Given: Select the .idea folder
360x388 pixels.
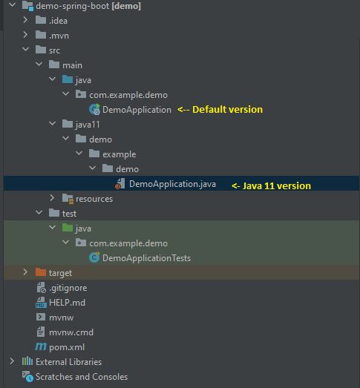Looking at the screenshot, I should (58, 20).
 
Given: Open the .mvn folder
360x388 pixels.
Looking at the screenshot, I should (59, 35).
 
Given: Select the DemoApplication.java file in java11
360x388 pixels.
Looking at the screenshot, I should (172, 184).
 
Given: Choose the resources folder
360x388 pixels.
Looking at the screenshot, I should (94, 199).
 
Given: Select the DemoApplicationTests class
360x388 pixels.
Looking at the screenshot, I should (146, 258).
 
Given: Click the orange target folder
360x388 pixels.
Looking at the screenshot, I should (61, 273).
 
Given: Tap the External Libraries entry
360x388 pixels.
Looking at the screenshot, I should (68, 362).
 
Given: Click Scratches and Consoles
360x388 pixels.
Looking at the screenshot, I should (81, 377).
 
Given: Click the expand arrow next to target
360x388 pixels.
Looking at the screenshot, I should (25, 273).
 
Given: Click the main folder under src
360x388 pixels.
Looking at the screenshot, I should (72, 65).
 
